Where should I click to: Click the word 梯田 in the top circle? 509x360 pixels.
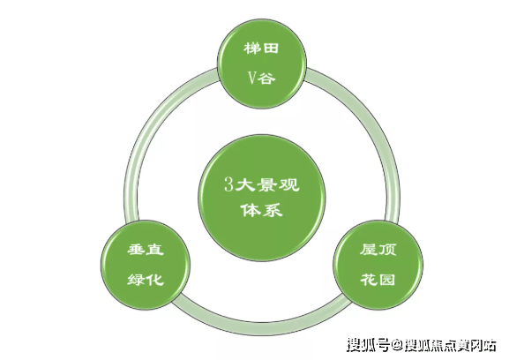coord(261,49)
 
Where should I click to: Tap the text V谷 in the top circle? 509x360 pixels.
coord(262,79)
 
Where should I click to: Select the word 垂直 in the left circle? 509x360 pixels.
coord(146,250)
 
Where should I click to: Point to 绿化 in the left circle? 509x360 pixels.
coord(146,279)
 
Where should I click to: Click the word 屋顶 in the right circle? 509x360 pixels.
coord(378,250)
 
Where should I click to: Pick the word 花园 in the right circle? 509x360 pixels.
coord(378,279)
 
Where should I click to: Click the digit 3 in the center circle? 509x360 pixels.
coord(228,185)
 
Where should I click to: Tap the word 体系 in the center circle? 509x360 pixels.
coord(262,210)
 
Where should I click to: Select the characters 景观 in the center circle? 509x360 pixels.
coord(278,185)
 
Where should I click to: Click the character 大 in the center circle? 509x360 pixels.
coord(244,185)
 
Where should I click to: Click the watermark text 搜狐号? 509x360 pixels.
coord(368,345)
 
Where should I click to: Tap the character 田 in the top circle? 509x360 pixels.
coord(271,49)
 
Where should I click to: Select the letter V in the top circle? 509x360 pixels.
coord(253,79)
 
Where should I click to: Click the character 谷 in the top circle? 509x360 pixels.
coord(267,79)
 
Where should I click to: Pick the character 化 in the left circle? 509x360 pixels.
coord(155,279)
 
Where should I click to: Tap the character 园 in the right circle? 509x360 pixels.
coord(387,279)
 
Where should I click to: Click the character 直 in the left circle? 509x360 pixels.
coord(155,250)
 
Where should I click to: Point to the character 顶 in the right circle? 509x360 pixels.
coord(387,250)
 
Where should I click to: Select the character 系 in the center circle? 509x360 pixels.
coord(273,210)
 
